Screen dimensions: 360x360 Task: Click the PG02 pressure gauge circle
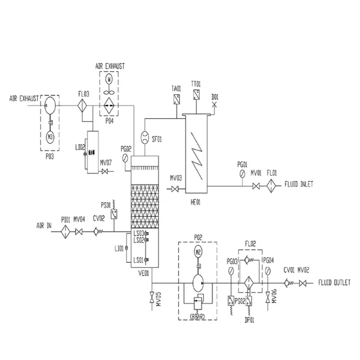click(x=124, y=158)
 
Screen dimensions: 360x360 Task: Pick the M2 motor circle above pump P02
click(x=197, y=252)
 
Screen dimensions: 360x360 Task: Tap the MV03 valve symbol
click(x=175, y=190)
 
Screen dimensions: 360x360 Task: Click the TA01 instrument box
click(x=176, y=100)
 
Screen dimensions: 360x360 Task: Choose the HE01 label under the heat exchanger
click(x=196, y=203)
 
